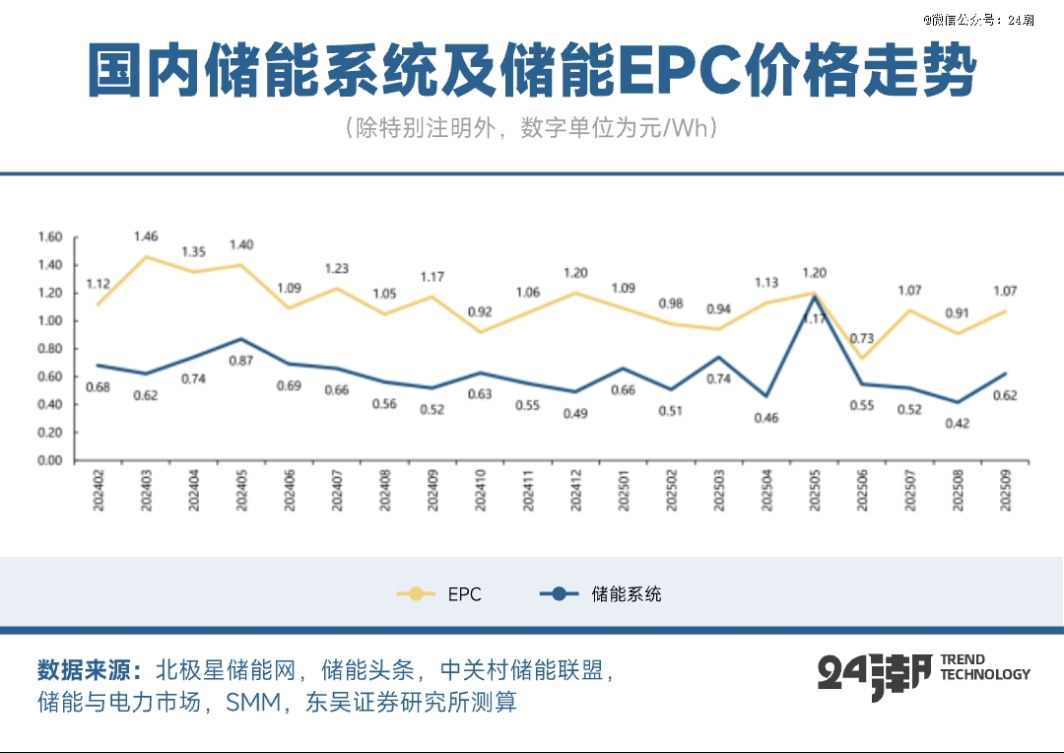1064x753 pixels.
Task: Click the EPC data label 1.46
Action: click(146, 237)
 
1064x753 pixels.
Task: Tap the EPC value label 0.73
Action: click(863, 339)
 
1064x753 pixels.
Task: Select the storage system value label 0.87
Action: click(241, 361)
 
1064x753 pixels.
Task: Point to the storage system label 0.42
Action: click(957, 424)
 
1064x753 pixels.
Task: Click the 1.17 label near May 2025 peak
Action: click(813, 317)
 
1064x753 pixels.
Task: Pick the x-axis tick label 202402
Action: click(99, 490)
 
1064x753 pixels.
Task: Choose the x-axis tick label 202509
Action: click(1004, 490)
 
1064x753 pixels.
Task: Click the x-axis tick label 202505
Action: click(815, 490)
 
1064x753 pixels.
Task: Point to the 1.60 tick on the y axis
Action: click(49, 237)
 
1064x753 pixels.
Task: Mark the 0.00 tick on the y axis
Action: click(49, 460)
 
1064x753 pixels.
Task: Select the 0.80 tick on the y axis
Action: click(49, 349)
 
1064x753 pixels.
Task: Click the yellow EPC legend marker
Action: click(416, 594)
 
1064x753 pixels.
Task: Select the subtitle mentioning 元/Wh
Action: click(531, 129)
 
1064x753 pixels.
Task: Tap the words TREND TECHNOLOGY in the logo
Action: click(984, 667)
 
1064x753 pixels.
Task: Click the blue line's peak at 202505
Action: click(815, 297)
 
